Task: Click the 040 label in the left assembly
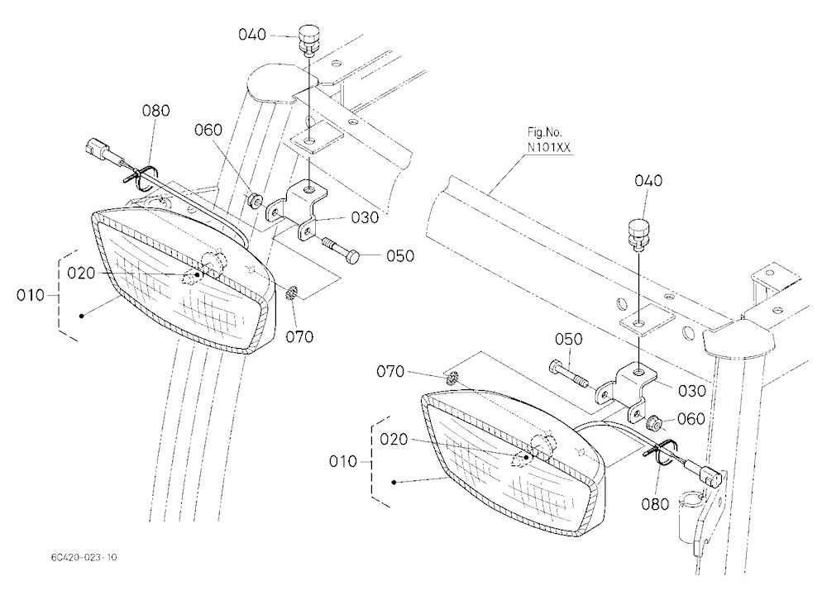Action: click(252, 35)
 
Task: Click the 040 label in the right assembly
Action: click(648, 181)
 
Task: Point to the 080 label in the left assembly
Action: click(156, 111)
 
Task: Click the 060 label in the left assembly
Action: click(208, 130)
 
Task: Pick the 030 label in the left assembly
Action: click(365, 217)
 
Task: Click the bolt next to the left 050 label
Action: click(341, 250)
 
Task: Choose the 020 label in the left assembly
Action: click(81, 273)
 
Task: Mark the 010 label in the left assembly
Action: click(30, 295)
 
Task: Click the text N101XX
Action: click(549, 148)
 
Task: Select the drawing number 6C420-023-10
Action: click(84, 557)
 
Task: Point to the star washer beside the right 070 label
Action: click(452, 378)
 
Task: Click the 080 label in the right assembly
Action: click(655, 504)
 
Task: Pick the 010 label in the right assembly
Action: click(343, 461)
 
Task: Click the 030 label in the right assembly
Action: click(691, 391)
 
